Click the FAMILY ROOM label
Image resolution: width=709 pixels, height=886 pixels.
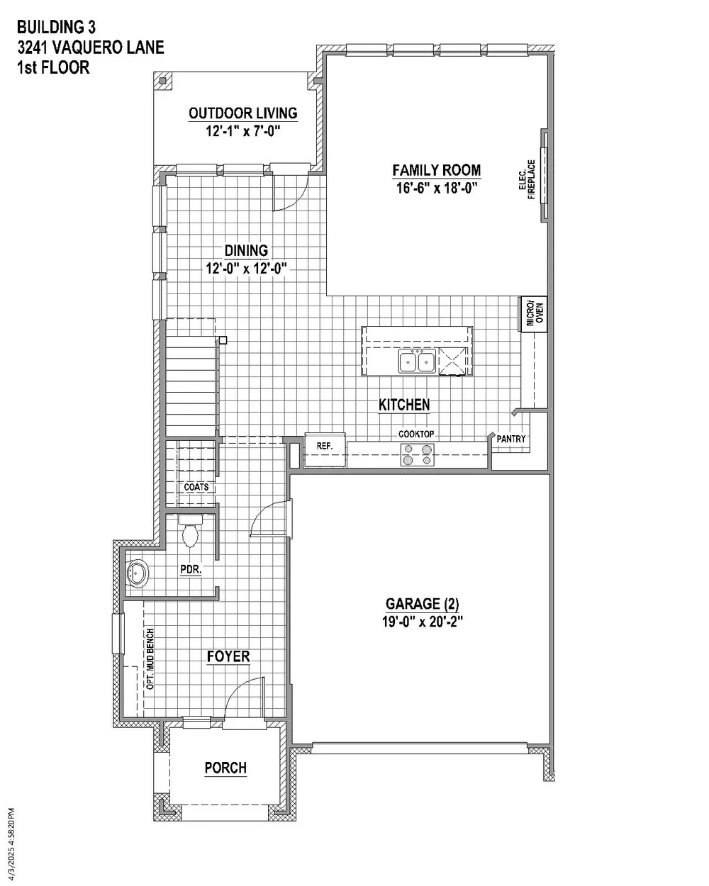coord(436,170)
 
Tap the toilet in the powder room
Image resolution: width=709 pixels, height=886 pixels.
coord(190,530)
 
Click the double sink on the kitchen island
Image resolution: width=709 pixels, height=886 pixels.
coord(417,361)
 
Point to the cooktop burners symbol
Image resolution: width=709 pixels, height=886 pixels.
coord(417,454)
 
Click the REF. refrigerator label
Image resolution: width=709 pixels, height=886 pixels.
coord(325,445)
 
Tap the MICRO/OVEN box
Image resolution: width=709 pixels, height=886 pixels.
coord(534,314)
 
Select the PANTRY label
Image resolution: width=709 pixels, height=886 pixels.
coord(511,439)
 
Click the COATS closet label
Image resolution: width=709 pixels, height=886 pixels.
coord(196,487)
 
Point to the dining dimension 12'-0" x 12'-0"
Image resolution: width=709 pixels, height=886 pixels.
coord(246,269)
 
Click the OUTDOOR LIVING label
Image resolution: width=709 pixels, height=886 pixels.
coord(243,113)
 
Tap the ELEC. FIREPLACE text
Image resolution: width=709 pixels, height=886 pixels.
coord(527,179)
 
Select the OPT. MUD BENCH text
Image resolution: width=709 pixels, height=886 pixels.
coord(150,658)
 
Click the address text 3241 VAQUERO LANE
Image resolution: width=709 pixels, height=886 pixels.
coord(91,47)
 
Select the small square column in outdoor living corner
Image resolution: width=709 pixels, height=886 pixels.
coord(163,81)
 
